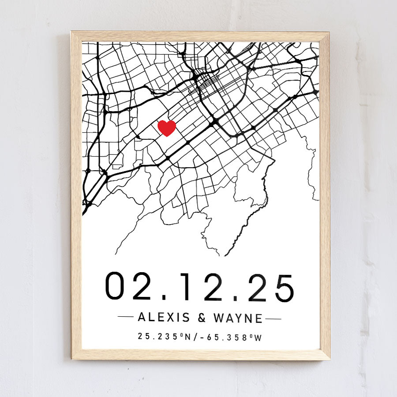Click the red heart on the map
pyautogui.click(x=167, y=128)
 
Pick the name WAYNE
pyautogui.click(x=238, y=318)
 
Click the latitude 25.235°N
pyautogui.click(x=163, y=337)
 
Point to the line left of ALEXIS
pyautogui.click(x=126, y=317)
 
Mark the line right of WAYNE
pyautogui.click(x=273, y=318)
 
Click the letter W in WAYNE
pyautogui.click(x=219, y=318)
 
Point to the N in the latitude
pyautogui.click(x=187, y=337)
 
